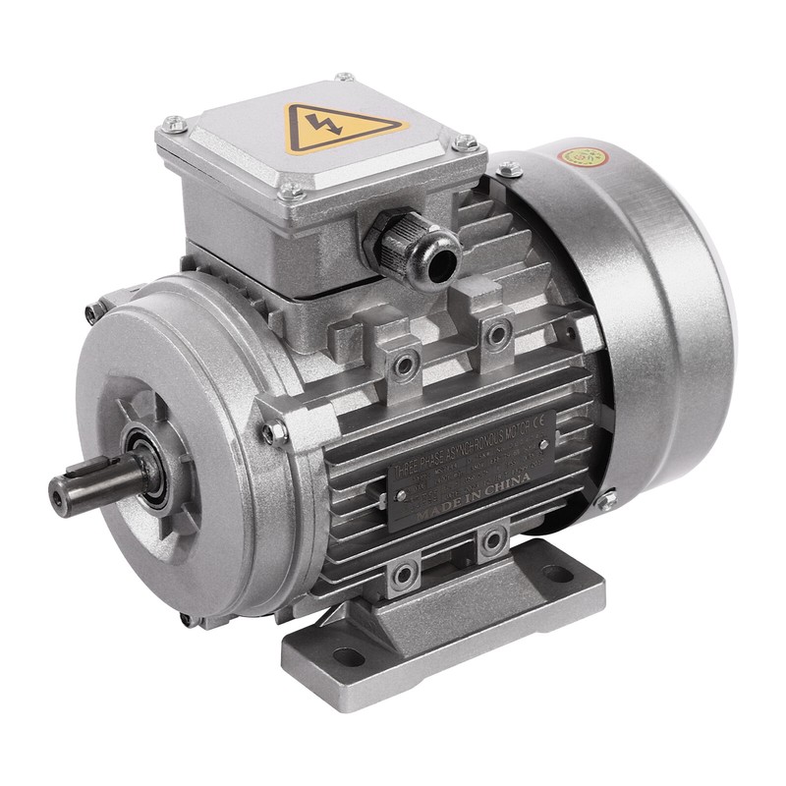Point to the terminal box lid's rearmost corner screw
(x=344, y=77)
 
